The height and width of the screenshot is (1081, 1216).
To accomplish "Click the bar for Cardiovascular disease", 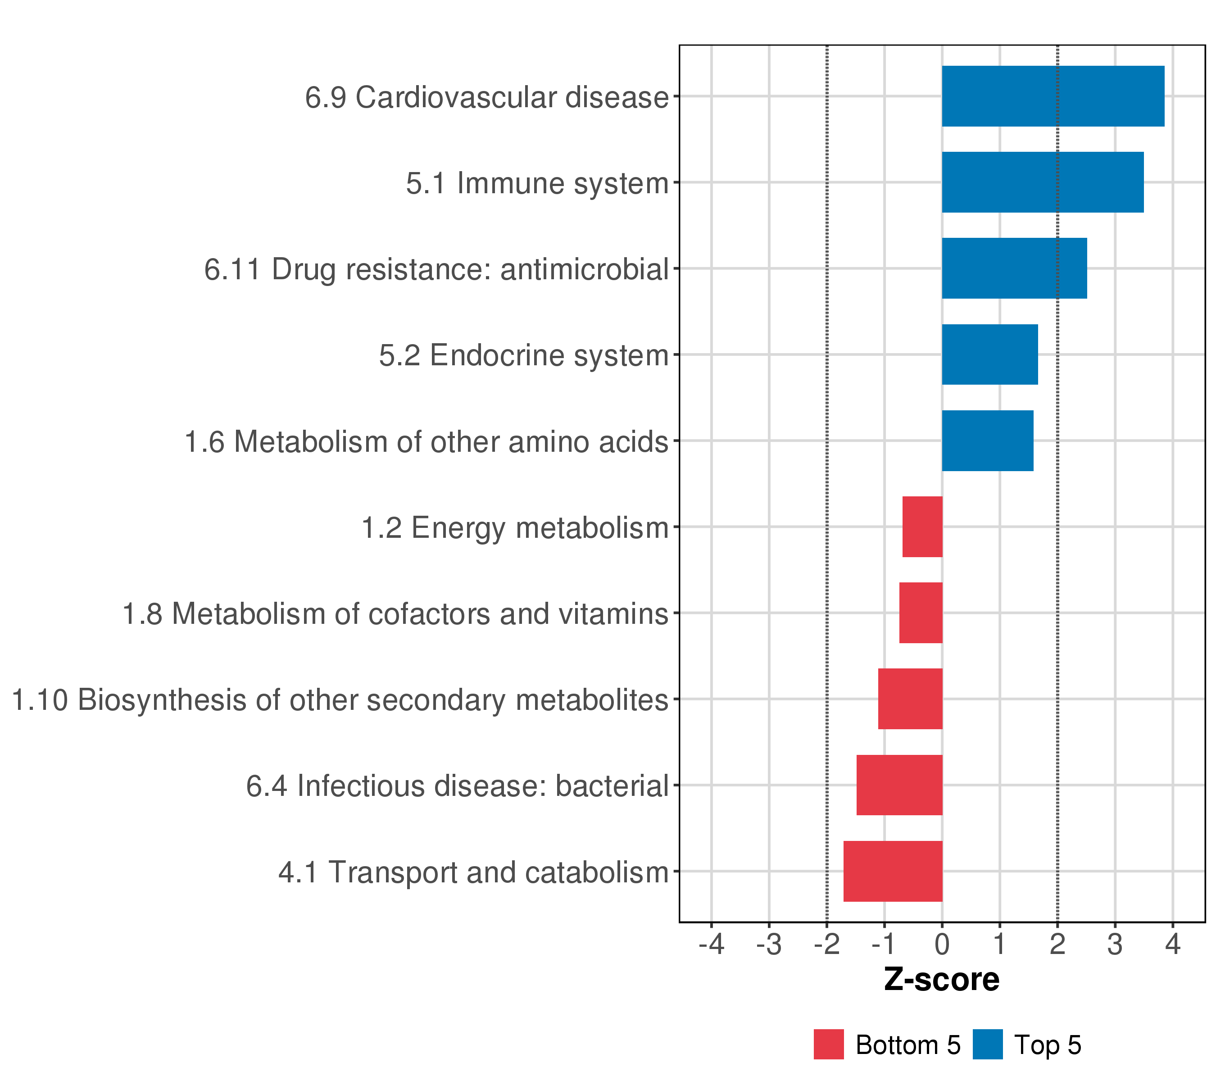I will coord(1053,96).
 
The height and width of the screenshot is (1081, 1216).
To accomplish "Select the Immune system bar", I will coord(1042,182).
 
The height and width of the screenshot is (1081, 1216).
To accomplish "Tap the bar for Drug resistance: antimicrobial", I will coord(1014,268).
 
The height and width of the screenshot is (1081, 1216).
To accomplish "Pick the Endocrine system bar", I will coord(989,354).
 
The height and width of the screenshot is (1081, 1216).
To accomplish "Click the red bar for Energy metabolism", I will coord(922,527).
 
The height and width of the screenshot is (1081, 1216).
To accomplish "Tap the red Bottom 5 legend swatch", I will coord(829,1044).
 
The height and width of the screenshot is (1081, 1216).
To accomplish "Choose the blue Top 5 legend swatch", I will coord(988,1044).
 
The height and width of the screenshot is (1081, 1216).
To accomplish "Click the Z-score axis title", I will coord(941,979).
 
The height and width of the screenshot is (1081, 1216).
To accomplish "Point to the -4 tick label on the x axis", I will coord(711,944).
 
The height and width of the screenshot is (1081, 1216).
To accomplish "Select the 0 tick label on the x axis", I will coord(942,944).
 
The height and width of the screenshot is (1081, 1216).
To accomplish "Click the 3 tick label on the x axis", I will coord(1115,944).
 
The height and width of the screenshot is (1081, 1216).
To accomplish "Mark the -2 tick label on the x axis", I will coord(826,944).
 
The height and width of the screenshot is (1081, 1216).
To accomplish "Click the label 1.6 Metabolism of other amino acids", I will coord(427,441).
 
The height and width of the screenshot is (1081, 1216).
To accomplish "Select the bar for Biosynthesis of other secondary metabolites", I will coord(910,699).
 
